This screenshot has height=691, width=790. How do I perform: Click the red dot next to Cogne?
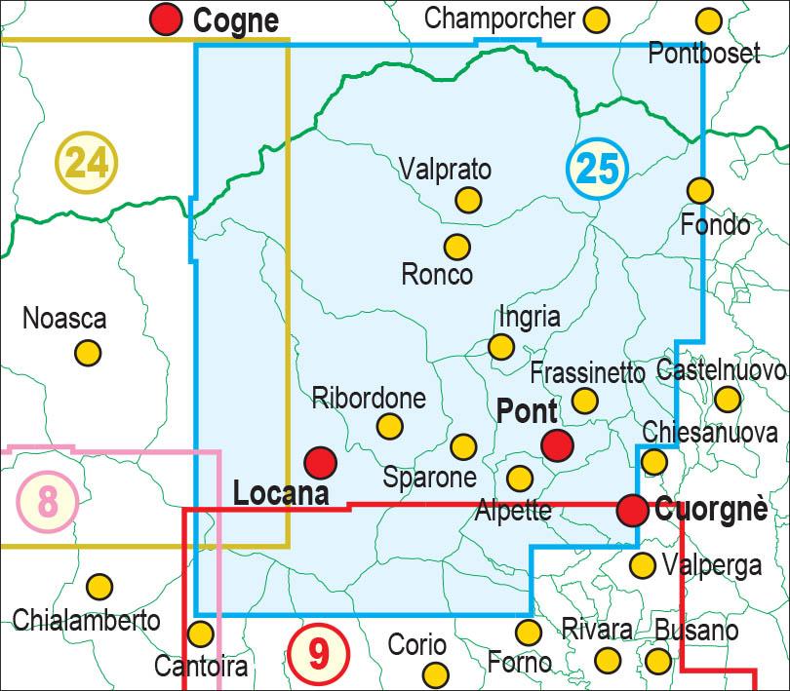click(x=167, y=19)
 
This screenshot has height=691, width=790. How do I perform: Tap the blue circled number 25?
click(x=596, y=169)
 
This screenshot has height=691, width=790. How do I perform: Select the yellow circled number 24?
click(x=87, y=162)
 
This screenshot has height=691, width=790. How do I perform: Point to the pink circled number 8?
click(x=47, y=502)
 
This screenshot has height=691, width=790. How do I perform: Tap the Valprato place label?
click(x=446, y=170)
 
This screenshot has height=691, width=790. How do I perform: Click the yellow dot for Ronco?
click(x=456, y=247)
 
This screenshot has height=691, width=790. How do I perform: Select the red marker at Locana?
click(x=321, y=462)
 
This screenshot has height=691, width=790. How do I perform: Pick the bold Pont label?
click(x=527, y=411)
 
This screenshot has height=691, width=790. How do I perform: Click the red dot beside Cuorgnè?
click(x=633, y=508)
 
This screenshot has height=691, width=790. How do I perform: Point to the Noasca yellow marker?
click(x=88, y=353)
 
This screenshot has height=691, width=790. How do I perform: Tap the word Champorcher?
click(x=500, y=18)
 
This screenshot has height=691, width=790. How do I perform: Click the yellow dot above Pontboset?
click(x=709, y=19)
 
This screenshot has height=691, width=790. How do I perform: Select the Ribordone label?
click(x=369, y=398)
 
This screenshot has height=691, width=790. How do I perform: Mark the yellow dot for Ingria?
click(x=501, y=346)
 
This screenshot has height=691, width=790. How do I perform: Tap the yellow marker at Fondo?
click(x=699, y=190)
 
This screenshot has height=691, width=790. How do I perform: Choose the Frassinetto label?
click(x=588, y=372)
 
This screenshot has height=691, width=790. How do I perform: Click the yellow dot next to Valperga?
click(x=642, y=564)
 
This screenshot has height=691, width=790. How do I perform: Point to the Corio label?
click(x=416, y=644)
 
